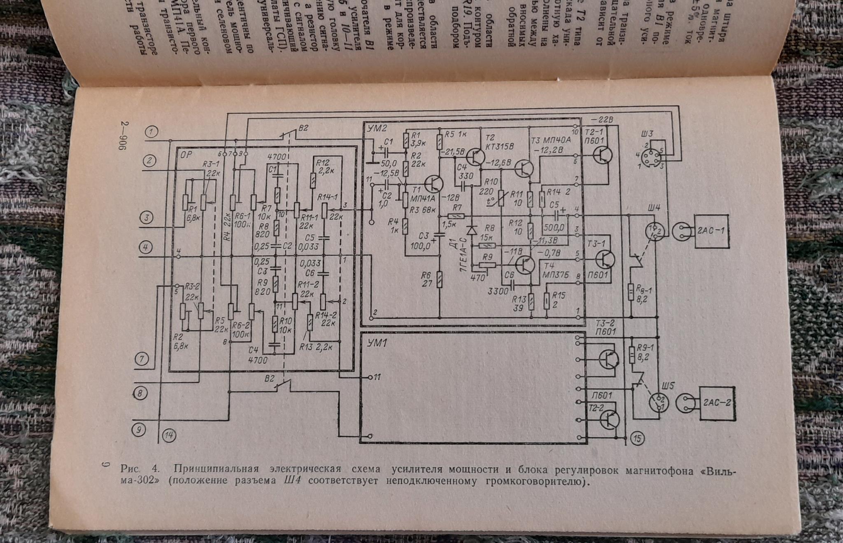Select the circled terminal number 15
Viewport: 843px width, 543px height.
(637, 438)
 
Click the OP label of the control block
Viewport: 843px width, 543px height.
(186, 155)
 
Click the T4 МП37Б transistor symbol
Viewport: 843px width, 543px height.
(524, 265)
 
